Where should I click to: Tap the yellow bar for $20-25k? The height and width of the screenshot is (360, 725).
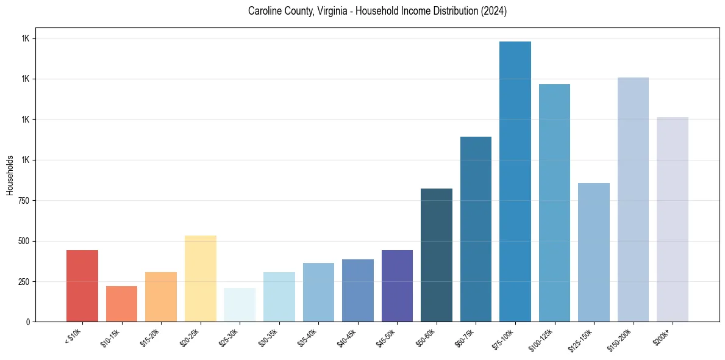pos(200,278)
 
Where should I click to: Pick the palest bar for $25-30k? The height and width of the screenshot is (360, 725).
pos(240,304)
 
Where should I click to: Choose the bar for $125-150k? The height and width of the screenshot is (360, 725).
pos(594,252)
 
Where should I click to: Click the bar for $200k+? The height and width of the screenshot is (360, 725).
pos(673,219)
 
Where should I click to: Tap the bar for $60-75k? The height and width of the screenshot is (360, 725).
pos(476,229)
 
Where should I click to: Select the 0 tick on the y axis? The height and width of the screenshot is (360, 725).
pos(28,322)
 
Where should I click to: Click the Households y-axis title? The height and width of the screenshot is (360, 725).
pos(10,175)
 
